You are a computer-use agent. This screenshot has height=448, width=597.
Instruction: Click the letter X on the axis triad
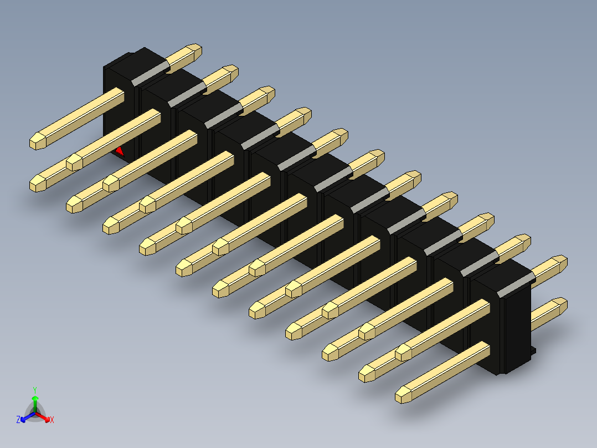[52, 420]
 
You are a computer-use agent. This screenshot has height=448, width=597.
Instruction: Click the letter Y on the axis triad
[35, 389]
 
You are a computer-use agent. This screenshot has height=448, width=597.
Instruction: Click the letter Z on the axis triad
[18, 420]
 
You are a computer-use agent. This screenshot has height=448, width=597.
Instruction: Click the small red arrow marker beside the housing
[119, 150]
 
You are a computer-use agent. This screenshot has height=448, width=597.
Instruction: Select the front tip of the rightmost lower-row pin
[404, 395]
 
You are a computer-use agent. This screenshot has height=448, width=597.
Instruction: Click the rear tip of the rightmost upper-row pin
[560, 262]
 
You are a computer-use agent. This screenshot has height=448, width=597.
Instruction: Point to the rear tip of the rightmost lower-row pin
[560, 305]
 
